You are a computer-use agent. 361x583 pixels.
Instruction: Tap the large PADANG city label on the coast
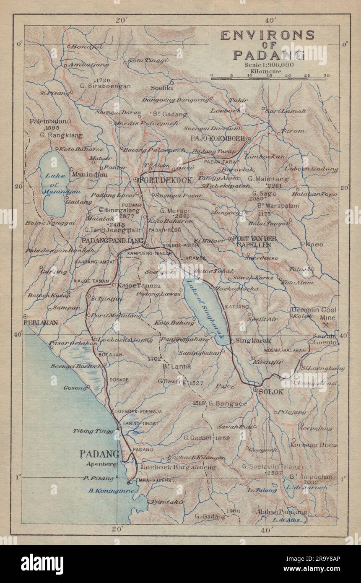pyautogui.click(x=99, y=453)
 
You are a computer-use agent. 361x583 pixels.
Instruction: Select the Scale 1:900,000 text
pyautogui.click(x=270, y=65)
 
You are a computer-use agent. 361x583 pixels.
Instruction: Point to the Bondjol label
pyautogui.click(x=85, y=47)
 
